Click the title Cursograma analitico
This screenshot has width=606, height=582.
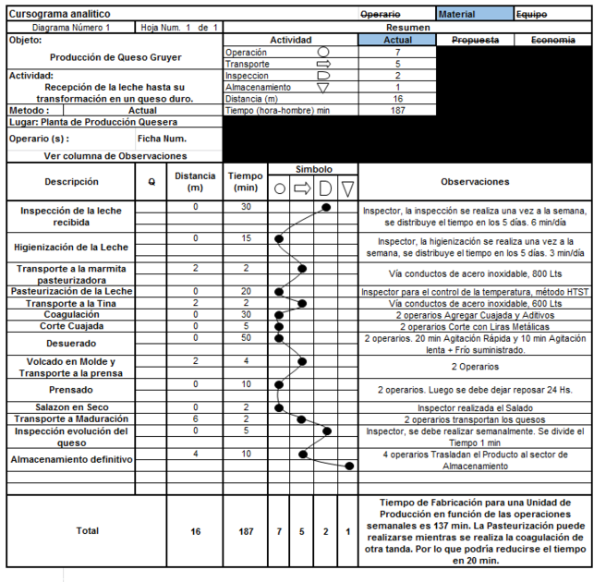[x=59, y=15]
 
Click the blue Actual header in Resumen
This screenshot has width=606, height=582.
[x=397, y=41]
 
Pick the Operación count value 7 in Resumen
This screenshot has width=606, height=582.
[x=397, y=53]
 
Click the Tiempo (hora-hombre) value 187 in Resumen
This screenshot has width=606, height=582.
[x=397, y=111]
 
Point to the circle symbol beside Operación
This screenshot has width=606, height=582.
[x=322, y=53]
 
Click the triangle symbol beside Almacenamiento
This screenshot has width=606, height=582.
[x=322, y=88]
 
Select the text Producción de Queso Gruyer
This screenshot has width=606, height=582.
[x=115, y=57]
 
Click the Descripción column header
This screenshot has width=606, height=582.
[x=71, y=182]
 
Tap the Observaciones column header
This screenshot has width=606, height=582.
[x=475, y=182]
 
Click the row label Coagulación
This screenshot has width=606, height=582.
[x=71, y=314]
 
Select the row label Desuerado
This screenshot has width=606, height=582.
[x=71, y=343]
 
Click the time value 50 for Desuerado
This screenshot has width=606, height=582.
[x=246, y=337]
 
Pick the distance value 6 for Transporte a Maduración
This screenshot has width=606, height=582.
[x=195, y=418]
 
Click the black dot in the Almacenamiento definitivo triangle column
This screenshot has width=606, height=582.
[x=349, y=466]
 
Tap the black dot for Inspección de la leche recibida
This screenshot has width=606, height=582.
[x=327, y=208]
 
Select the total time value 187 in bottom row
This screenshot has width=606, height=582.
[x=246, y=531]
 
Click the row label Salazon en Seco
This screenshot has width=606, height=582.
[x=71, y=407]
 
